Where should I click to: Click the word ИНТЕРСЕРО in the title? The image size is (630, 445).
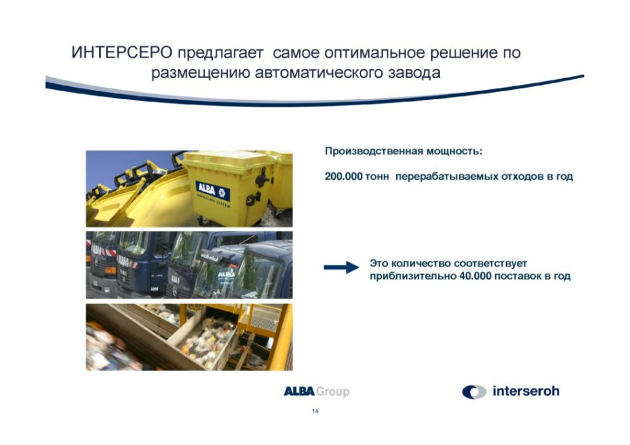tap(122, 53)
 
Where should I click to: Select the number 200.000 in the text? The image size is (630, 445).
tap(343, 177)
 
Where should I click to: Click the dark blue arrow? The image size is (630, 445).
tap(341, 267)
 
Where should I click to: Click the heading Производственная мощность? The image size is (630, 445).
tap(404, 151)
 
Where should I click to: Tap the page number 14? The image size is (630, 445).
tap(315, 411)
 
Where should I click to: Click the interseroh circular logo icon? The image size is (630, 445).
tap(474, 392)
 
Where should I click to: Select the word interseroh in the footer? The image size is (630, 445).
tap(526, 391)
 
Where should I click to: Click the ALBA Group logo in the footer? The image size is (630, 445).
tap(317, 391)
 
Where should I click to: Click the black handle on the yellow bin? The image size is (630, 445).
tap(262, 178)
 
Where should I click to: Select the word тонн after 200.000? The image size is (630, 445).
tap(377, 177)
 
